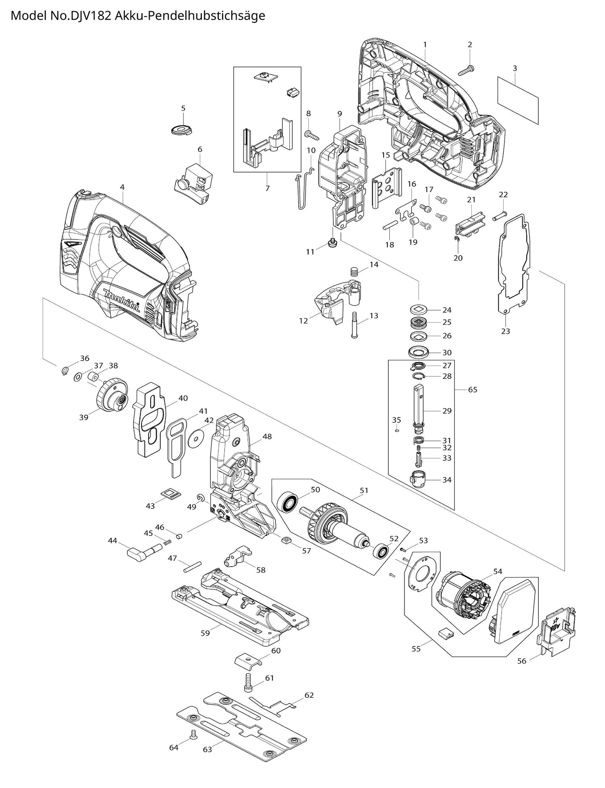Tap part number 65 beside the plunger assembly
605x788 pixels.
tap(472, 389)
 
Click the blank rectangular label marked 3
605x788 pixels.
tap(517, 100)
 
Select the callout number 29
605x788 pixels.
tap(447, 411)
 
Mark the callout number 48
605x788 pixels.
tap(267, 436)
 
